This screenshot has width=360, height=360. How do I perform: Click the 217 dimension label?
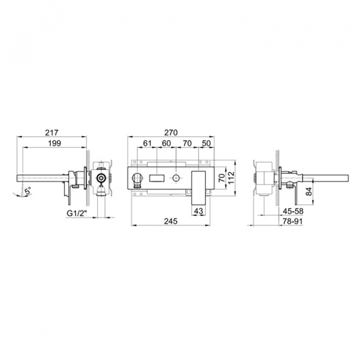pos(52,133)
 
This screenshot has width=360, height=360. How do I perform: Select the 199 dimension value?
pos(55,143)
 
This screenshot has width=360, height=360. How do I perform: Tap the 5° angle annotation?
pos(28,191)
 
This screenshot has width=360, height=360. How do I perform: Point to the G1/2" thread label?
pos(77,213)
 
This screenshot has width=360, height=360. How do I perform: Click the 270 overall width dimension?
pos(171,133)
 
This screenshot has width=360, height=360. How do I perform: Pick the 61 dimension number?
pos(147,143)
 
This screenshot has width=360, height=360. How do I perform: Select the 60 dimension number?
pos(166,143)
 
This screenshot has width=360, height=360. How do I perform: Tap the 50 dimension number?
pos(206,143)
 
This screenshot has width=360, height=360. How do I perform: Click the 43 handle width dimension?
pos(199,211)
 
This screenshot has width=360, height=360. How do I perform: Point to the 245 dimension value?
pos(171,221)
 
